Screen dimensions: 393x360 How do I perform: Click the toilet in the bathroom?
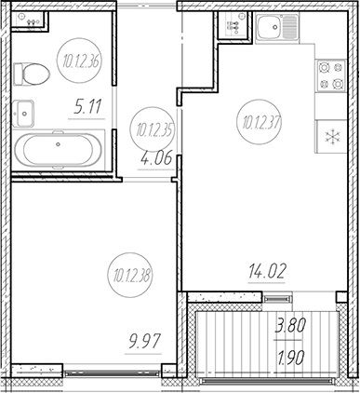tap(28, 73)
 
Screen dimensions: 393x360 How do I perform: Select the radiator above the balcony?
tap(277, 298)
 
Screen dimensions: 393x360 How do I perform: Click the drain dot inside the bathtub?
tap(60, 146)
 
